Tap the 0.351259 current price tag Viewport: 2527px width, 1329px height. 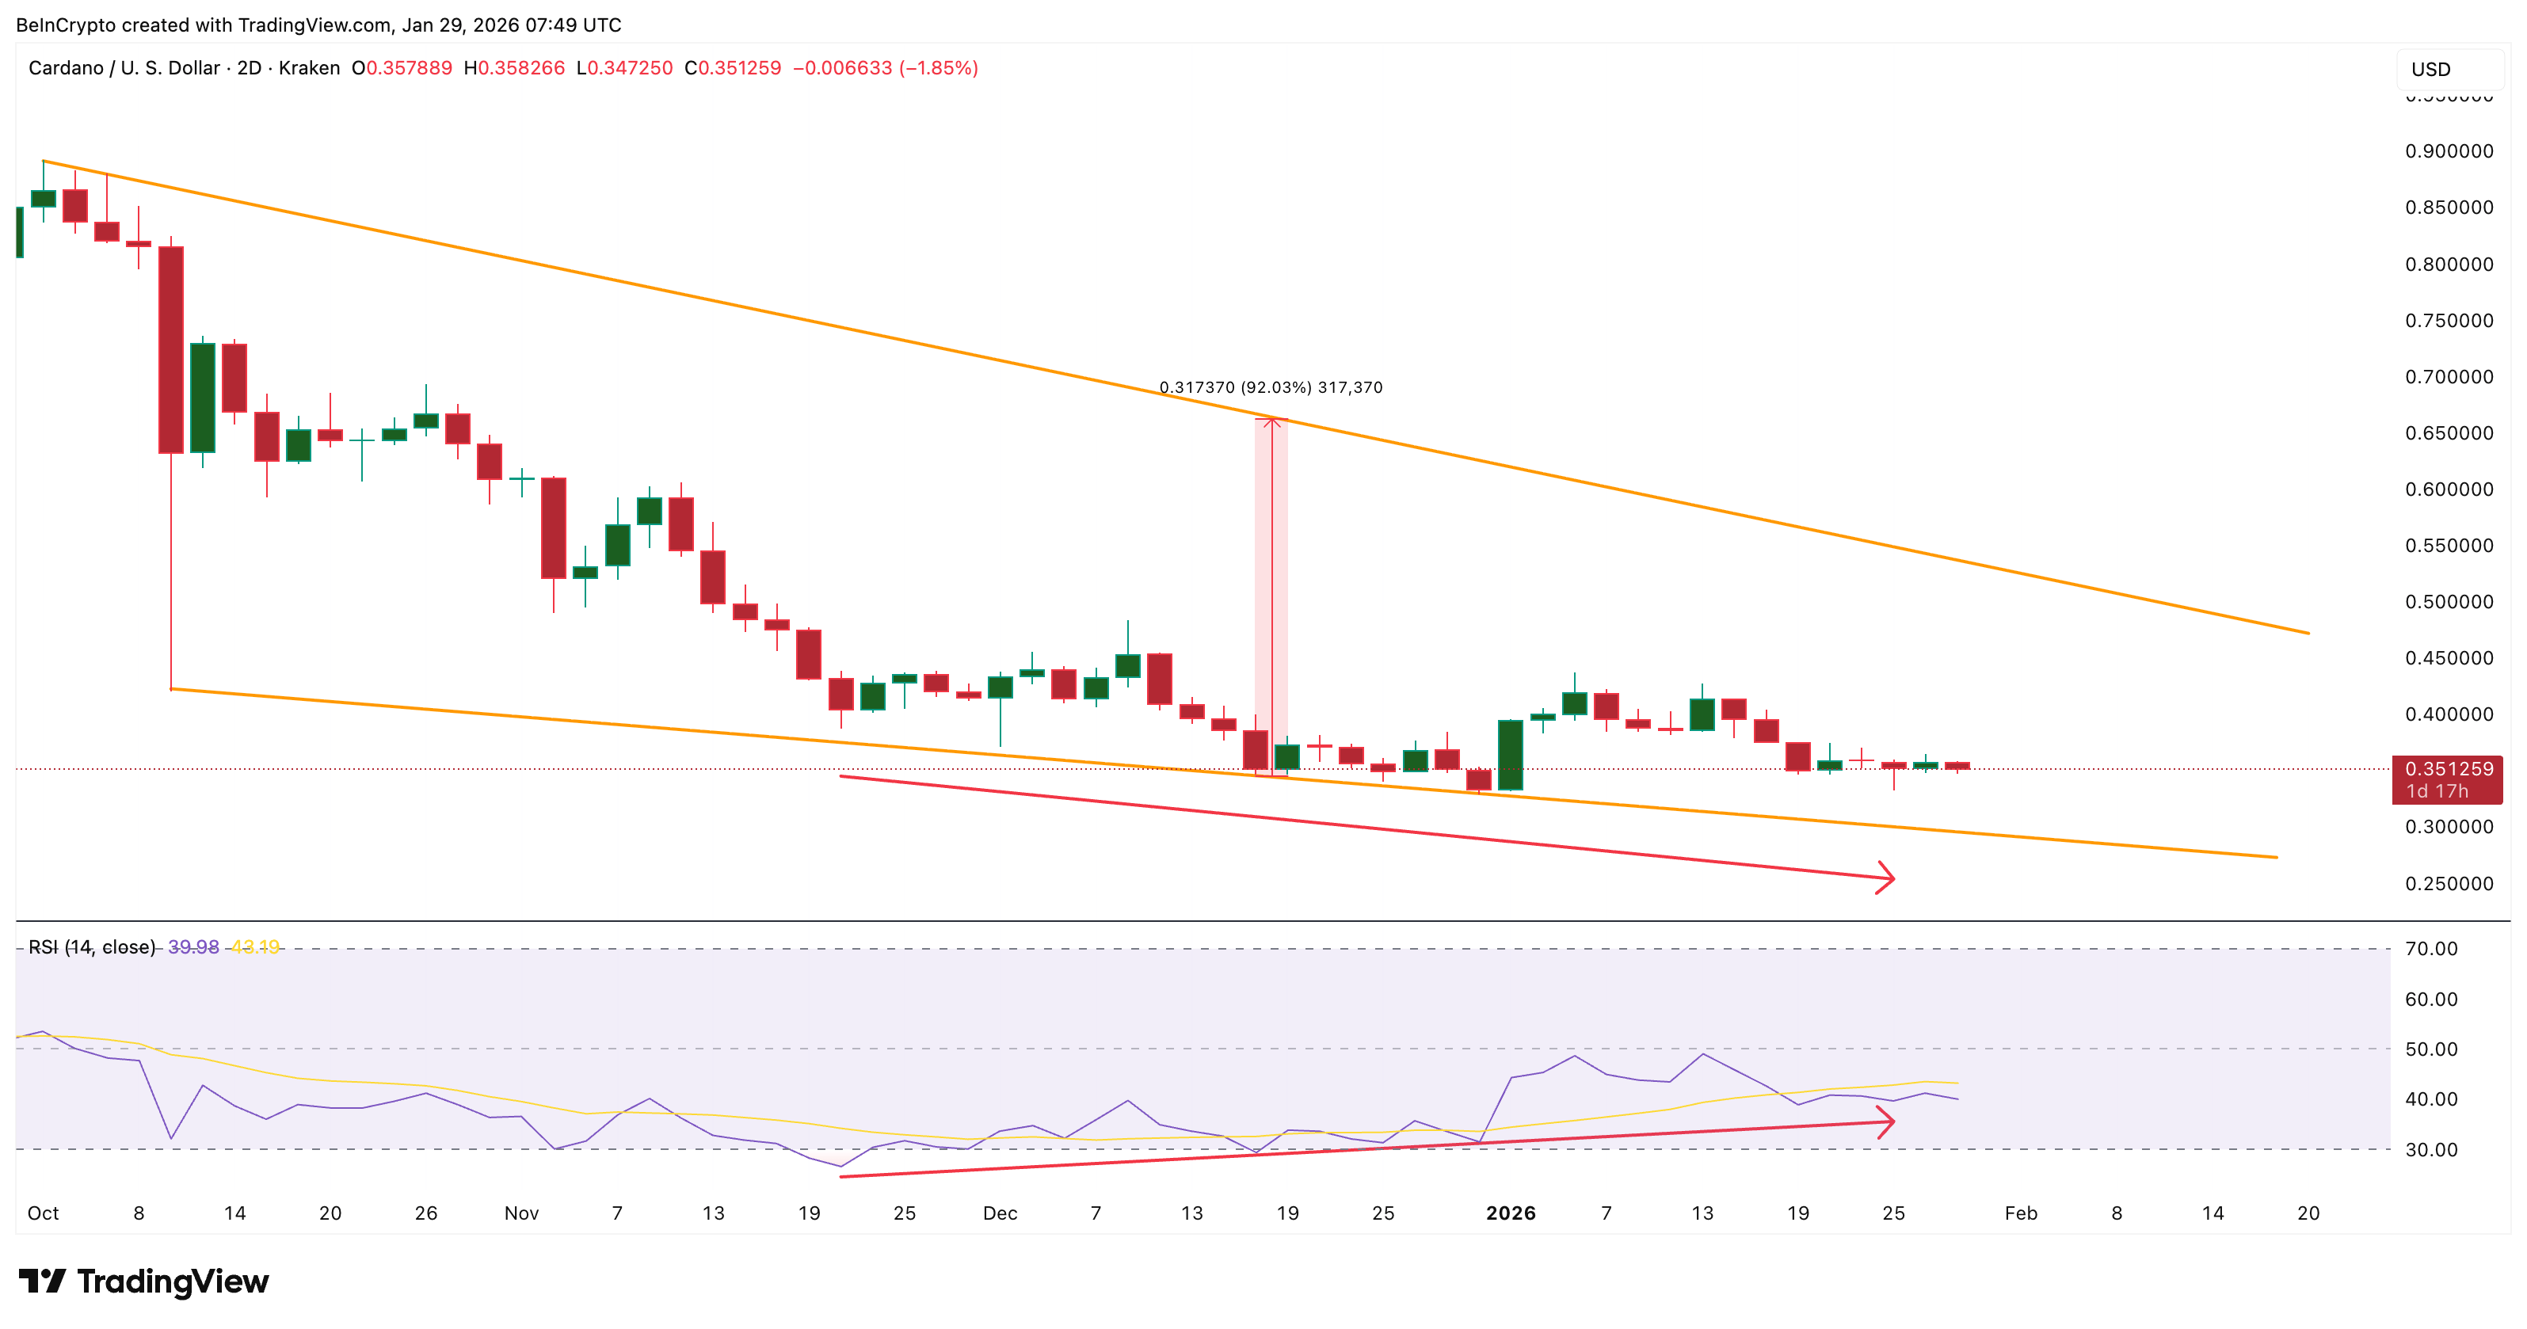[2448, 770]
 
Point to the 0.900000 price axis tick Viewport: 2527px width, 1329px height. [2449, 151]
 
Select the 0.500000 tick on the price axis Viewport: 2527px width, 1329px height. [2449, 602]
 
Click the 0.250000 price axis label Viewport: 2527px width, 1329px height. [2449, 884]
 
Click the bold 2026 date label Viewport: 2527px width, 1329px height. [1511, 1213]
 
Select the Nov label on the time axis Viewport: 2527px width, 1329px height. [521, 1213]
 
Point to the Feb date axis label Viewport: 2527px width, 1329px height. [2021, 1213]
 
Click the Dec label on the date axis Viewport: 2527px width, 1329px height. [1000, 1213]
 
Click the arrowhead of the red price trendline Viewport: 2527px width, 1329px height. [1888, 878]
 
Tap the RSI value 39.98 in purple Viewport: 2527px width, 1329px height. [193, 947]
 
